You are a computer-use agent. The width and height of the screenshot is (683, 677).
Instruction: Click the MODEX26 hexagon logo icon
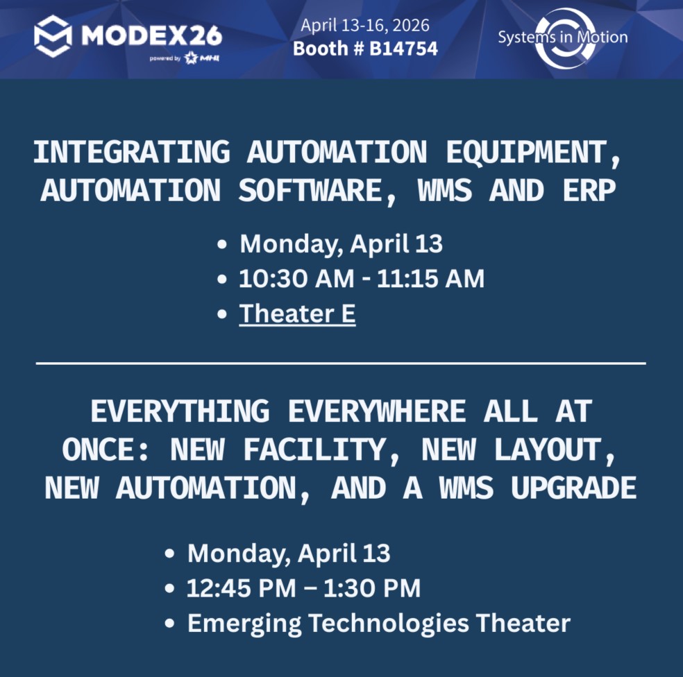53,36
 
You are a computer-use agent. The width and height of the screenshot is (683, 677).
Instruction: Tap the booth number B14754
403,49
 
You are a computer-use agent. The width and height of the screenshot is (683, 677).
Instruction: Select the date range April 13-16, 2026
365,25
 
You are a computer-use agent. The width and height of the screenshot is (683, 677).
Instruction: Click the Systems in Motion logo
563,38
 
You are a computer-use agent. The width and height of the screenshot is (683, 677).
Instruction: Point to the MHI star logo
191,58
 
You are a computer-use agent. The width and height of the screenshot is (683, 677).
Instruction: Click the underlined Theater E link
298,314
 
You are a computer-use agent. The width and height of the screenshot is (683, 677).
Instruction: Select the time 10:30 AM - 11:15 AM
362,279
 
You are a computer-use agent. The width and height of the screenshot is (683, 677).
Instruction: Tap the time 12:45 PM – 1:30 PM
303,588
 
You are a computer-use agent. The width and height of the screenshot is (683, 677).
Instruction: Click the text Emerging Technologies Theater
379,623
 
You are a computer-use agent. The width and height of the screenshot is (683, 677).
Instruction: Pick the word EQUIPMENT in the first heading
532,153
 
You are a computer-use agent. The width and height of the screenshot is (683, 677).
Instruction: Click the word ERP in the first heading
589,190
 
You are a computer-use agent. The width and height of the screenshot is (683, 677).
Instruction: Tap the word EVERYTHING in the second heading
180,411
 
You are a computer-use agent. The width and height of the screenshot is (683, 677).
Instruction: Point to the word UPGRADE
573,488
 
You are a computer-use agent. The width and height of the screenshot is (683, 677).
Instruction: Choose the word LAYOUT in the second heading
555,450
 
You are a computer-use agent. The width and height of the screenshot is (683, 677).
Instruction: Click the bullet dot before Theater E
221,314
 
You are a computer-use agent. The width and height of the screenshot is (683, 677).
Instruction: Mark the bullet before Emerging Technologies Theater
169,624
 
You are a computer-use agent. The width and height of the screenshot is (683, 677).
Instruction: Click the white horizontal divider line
341,363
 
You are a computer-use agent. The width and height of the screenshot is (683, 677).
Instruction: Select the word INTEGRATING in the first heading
132,152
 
